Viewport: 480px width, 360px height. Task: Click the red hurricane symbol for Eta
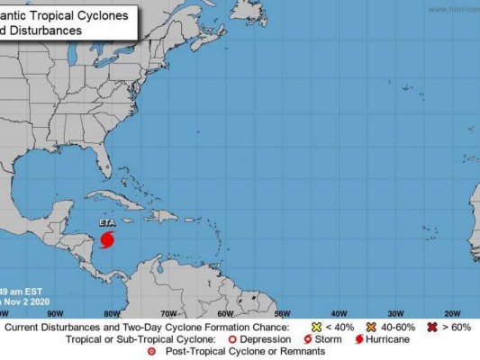108,240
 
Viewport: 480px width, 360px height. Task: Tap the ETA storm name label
108,221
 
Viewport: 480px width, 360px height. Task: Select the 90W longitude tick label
55,313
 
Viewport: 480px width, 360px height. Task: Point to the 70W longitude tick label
168,313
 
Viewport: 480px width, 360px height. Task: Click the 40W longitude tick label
339,313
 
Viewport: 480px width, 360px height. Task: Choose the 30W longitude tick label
396,313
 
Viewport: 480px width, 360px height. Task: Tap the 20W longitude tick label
453,313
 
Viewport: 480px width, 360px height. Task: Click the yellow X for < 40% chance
315,327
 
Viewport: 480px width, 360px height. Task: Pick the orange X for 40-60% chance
370,327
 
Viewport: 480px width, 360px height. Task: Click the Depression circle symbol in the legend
258,339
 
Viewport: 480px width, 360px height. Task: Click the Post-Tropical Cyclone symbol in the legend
151,352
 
